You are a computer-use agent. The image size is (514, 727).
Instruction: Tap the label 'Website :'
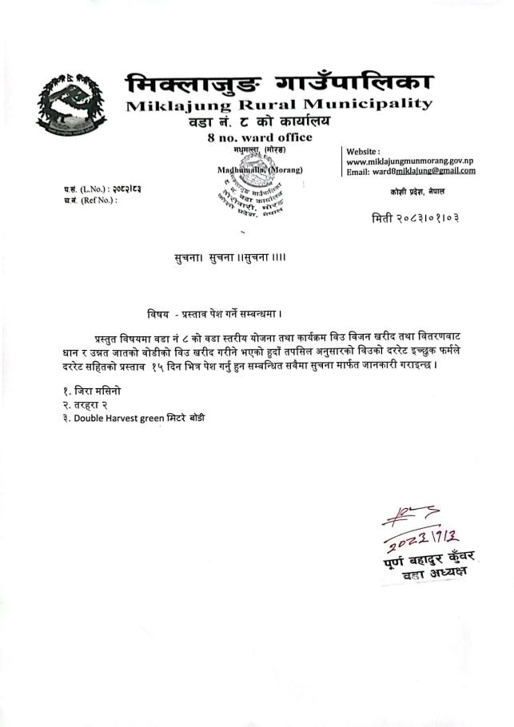[363, 151]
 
